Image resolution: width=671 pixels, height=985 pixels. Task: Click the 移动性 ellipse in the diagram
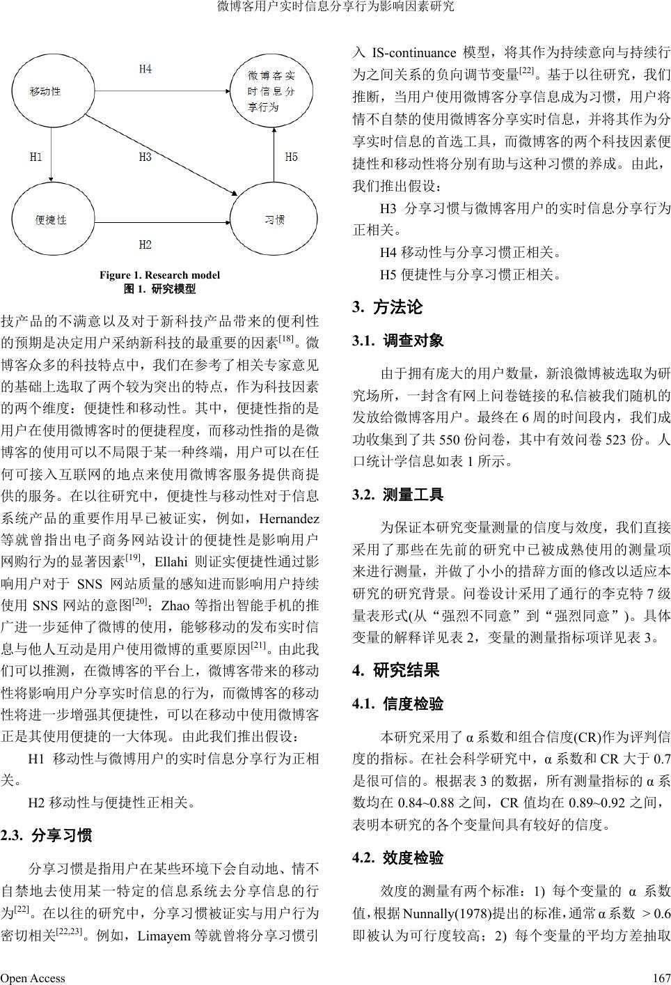click(46, 91)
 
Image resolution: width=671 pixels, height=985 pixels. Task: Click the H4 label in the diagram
click(145, 69)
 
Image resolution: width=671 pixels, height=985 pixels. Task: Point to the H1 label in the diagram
click(36, 157)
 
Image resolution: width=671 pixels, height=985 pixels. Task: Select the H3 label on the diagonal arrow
click(145, 157)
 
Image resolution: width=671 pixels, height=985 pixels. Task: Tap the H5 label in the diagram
click(292, 157)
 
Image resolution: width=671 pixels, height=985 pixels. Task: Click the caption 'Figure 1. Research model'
click(159, 275)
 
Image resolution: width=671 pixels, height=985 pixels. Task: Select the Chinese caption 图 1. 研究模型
click(159, 288)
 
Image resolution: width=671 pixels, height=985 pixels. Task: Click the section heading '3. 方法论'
click(388, 307)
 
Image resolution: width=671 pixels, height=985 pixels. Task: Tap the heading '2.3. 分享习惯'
click(47, 835)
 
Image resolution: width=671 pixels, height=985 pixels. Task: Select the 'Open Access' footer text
click(33, 977)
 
